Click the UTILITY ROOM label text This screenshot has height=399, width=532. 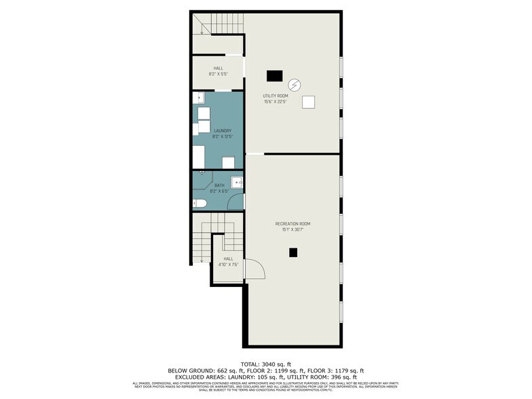[275, 96]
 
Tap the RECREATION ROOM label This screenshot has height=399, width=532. [292, 223]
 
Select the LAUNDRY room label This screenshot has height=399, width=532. [223, 131]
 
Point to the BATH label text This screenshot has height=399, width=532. [219, 185]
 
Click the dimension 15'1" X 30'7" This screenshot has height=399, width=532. [292, 229]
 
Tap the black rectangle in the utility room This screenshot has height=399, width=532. [274, 76]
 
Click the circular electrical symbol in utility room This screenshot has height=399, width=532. [294, 85]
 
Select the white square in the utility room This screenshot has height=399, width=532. [309, 102]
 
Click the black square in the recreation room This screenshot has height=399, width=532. [293, 252]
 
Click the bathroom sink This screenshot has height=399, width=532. [237, 182]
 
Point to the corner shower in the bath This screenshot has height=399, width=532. [202, 178]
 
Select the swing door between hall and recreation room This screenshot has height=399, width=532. [253, 269]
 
